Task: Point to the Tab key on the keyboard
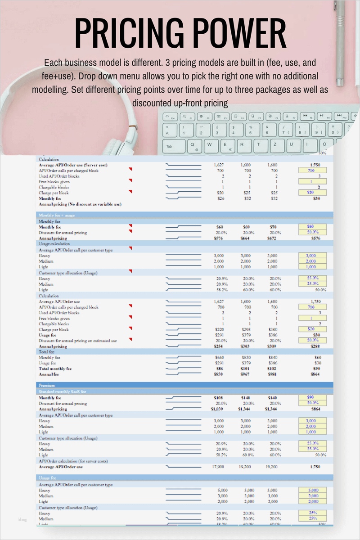coord(170,146)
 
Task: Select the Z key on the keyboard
coord(274,144)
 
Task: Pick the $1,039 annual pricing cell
coord(220,409)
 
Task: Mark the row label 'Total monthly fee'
coord(55,369)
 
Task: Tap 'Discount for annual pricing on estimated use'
coord(78,341)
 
